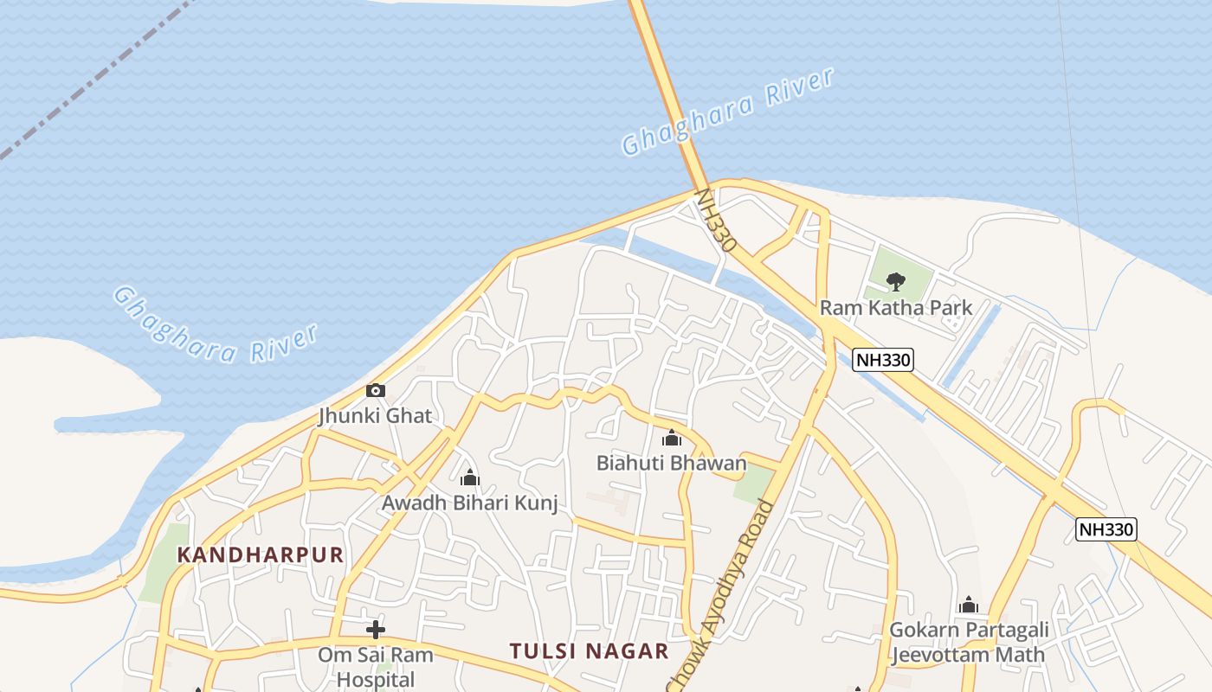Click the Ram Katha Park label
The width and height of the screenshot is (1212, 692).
(x=896, y=308)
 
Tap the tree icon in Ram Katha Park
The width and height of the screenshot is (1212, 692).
(x=896, y=280)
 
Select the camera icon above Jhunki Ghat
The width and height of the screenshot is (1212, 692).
(x=376, y=391)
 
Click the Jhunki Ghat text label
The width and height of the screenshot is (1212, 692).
(x=375, y=415)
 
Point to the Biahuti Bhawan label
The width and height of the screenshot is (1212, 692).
(x=671, y=463)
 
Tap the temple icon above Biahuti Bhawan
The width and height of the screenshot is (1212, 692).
(x=672, y=439)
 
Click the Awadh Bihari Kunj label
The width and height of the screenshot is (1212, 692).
(x=470, y=503)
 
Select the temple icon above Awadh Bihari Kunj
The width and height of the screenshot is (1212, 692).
(x=470, y=477)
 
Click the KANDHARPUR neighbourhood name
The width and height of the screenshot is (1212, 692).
(x=261, y=555)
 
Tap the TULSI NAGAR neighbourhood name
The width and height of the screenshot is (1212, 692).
(x=589, y=651)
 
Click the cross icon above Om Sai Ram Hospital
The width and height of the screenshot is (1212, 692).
(x=376, y=630)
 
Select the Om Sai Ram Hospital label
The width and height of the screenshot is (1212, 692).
(x=376, y=667)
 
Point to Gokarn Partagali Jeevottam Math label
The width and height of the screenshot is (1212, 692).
(x=969, y=642)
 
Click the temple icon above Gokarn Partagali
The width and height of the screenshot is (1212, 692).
(x=969, y=605)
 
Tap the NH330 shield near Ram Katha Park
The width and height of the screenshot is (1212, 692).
(x=883, y=360)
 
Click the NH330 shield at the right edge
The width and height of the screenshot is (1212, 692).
(x=1106, y=529)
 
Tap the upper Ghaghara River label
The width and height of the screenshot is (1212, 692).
(x=727, y=112)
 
